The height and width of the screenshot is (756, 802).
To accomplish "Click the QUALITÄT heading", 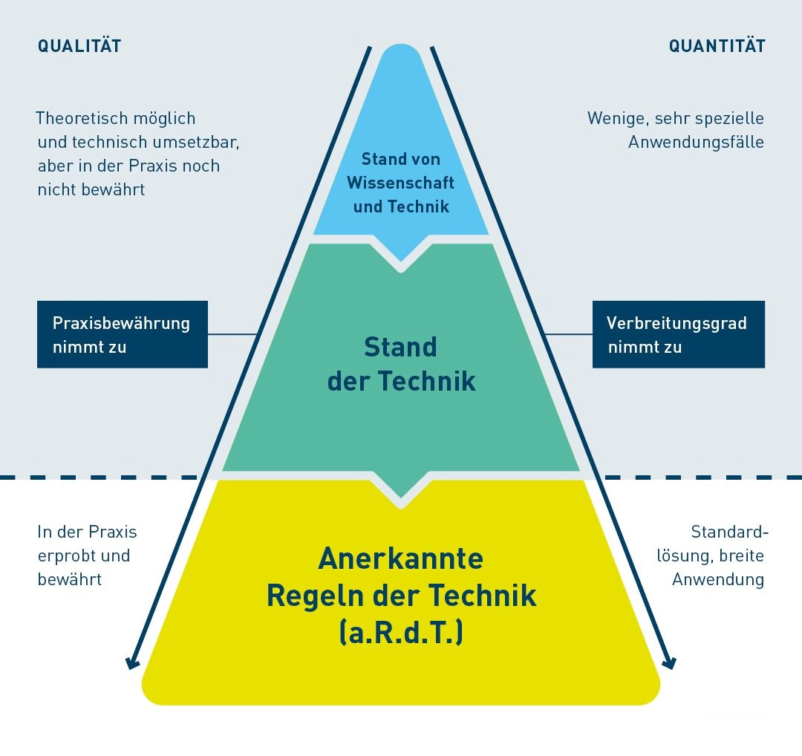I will (79, 46).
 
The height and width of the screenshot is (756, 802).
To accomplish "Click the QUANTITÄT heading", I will (717, 46).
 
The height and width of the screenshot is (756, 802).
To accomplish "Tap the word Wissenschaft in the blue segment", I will (401, 183).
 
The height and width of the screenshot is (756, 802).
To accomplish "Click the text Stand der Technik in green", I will (401, 364).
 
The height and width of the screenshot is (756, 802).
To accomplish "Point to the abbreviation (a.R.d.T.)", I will (401, 633).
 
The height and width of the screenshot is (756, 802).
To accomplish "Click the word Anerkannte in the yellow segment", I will (401, 558).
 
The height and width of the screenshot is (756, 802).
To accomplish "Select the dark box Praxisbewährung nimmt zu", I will (123, 334).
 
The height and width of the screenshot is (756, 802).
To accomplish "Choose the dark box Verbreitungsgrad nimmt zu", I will (678, 334).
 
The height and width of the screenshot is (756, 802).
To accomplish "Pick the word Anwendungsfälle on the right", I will (696, 142).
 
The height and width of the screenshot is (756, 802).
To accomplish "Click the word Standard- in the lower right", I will (729, 532).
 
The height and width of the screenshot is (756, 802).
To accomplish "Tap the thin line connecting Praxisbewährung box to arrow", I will (232, 334).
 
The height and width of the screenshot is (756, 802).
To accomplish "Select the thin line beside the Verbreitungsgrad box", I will (569, 334).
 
